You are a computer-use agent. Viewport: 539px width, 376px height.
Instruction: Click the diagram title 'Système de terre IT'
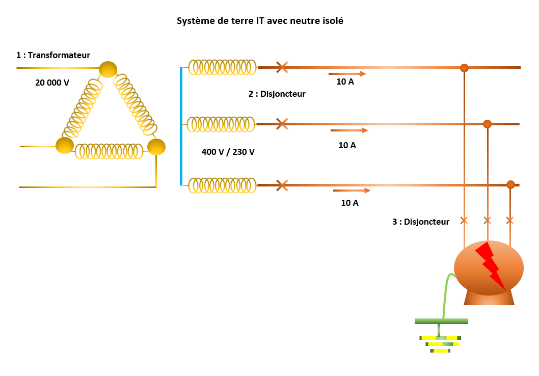[x=260, y=21]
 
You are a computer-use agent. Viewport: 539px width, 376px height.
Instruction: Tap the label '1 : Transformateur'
[x=53, y=55]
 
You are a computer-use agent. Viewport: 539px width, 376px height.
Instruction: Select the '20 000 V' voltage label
[x=52, y=82]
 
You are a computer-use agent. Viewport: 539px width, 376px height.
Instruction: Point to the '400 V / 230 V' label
[x=228, y=152]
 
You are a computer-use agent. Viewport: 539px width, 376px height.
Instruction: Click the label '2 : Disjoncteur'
[x=277, y=94]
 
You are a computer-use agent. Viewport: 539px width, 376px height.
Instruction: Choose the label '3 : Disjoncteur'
[x=421, y=222]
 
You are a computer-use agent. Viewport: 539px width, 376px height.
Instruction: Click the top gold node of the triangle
[x=107, y=69]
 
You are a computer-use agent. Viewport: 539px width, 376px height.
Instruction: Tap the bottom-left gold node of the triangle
[x=65, y=145]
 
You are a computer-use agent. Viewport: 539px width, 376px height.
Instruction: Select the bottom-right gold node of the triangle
[x=156, y=147]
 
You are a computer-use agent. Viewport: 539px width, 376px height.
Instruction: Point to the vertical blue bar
[x=181, y=126]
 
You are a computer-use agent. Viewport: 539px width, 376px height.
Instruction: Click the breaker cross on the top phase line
[x=282, y=67]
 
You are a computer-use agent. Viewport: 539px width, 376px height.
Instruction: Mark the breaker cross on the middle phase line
[x=282, y=124]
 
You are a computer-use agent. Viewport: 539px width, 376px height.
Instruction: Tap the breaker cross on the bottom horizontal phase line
[x=282, y=185]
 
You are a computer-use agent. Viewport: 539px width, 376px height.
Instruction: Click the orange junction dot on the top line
[x=464, y=68]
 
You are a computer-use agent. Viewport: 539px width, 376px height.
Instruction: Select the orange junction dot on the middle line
[x=487, y=124]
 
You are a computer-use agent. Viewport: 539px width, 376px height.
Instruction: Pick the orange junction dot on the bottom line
[x=510, y=184]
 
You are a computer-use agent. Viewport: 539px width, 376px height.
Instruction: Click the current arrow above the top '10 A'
[x=347, y=74]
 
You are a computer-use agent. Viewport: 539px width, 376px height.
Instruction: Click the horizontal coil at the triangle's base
[x=109, y=151]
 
